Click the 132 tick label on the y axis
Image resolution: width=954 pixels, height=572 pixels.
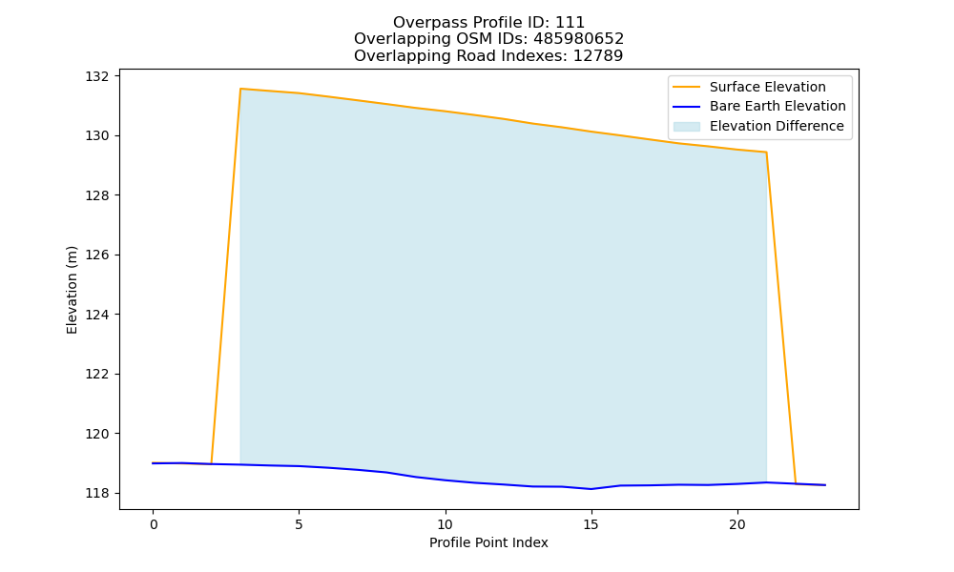(x=96, y=76)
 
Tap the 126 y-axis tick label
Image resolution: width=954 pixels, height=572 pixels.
(x=96, y=255)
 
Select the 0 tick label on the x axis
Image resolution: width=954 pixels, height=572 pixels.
(x=154, y=524)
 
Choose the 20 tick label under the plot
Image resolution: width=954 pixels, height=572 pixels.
(x=737, y=524)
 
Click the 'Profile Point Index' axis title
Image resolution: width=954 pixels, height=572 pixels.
(x=488, y=542)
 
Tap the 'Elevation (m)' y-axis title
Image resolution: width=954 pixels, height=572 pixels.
(x=72, y=290)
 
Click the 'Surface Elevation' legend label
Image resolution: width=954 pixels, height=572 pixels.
(x=768, y=87)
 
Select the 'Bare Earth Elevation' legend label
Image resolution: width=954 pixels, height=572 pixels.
(x=778, y=107)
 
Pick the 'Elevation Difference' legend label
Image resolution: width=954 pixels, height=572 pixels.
(x=777, y=126)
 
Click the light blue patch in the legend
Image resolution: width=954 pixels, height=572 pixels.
(x=687, y=127)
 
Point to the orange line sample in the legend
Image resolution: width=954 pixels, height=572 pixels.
(x=687, y=87)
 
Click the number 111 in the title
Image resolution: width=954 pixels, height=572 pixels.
(x=570, y=23)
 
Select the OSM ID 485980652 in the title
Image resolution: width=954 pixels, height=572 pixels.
(x=579, y=39)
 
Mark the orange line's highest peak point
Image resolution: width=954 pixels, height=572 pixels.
(x=241, y=89)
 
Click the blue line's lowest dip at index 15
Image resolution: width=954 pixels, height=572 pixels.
(x=591, y=489)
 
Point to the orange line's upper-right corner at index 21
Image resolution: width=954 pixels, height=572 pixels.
(x=766, y=152)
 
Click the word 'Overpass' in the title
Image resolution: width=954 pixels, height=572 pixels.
(x=420, y=23)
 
